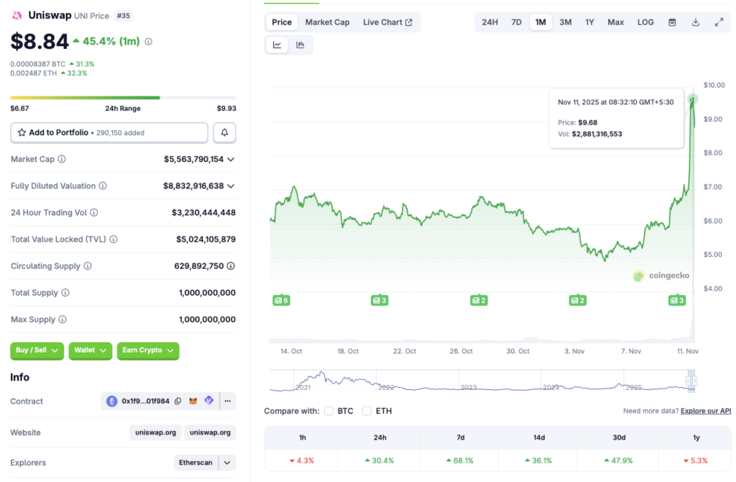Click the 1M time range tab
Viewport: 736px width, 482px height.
click(540, 22)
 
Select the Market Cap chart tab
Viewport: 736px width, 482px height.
click(327, 22)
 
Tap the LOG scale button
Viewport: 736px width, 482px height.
click(645, 22)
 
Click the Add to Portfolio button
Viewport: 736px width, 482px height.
click(109, 132)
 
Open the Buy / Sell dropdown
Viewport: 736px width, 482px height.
click(37, 350)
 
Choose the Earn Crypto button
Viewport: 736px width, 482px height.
click(147, 350)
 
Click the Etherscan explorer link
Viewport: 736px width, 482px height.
click(196, 463)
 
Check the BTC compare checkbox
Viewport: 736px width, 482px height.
click(329, 411)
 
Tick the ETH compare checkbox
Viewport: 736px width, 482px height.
click(367, 411)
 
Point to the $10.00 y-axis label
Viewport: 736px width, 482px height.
click(714, 85)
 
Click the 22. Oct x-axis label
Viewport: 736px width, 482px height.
click(405, 351)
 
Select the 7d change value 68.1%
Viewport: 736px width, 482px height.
click(460, 460)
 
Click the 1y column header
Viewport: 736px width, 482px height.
click(696, 437)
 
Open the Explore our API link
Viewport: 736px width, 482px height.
click(706, 411)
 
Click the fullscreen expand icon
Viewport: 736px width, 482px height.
click(719, 22)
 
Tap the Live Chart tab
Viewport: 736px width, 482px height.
click(387, 22)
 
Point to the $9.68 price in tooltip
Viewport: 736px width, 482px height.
click(587, 122)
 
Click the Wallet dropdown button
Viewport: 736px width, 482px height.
click(90, 350)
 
